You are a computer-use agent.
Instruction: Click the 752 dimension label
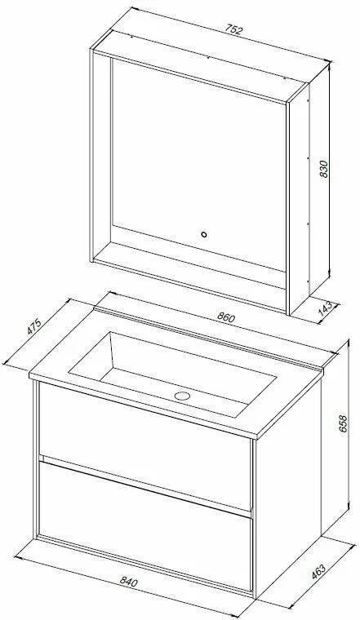tap(233, 30)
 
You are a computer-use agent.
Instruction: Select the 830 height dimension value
tap(323, 169)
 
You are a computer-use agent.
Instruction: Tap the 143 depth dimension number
tap(326, 309)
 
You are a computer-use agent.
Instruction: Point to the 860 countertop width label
tap(226, 317)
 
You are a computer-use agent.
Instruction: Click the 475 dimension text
tap(34, 326)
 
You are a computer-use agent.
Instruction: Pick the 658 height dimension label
tap(343, 424)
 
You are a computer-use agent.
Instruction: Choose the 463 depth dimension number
tap(318, 573)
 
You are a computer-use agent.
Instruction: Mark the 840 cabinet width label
tap(128, 582)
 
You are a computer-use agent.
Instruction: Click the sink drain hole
tap(182, 396)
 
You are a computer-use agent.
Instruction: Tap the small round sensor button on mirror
tap(204, 234)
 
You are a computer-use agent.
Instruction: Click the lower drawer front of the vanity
tap(145, 524)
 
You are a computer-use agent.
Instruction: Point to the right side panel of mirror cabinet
tap(309, 190)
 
